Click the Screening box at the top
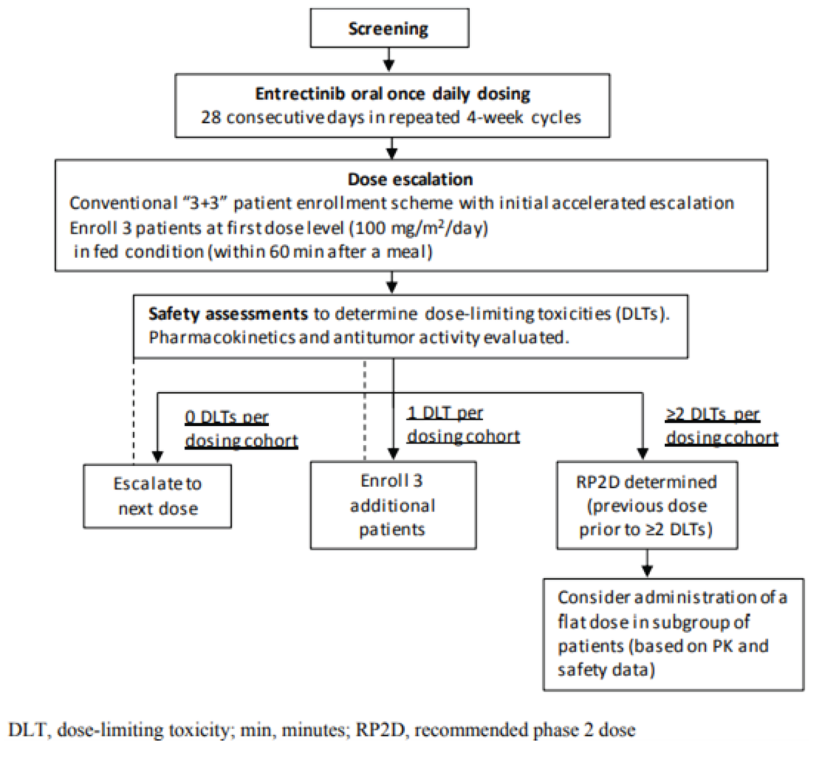coord(389,28)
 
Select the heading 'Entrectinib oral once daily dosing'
coord(392,94)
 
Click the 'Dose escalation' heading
coord(410,180)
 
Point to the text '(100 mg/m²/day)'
coord(418,228)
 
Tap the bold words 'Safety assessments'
coord(228,314)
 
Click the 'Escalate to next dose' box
coord(157,496)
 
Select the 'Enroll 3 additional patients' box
coord(393,505)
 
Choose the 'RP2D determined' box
coord(646,505)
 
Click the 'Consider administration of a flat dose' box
coord(673,634)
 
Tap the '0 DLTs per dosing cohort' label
coord(241,429)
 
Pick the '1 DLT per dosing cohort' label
coord(463,425)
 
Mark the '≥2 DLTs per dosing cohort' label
coord(721,426)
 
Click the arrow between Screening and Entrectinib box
coord(389,60)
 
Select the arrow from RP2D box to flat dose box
coord(647,563)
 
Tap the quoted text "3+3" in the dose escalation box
coord(205,203)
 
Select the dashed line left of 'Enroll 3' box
coord(365,409)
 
